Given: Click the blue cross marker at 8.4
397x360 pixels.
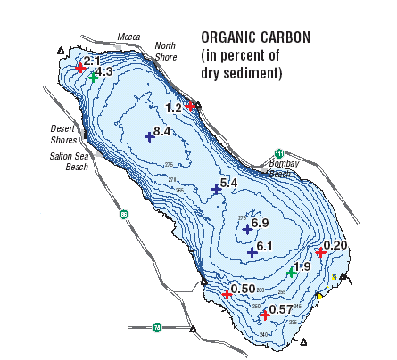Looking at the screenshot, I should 149,136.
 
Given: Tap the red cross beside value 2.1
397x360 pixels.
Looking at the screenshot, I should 81,67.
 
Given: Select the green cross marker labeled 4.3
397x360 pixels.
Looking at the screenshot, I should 94,78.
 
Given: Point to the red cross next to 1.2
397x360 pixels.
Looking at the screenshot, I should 190,106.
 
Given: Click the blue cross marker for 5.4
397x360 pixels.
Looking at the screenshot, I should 215,188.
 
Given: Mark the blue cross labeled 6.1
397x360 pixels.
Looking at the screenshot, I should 252,252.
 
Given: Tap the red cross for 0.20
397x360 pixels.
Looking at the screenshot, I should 320,253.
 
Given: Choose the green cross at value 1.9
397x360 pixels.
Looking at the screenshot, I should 291,273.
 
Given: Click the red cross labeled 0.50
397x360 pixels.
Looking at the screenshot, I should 226,294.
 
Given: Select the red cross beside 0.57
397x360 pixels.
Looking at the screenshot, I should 263,314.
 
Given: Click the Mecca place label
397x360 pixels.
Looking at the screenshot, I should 129,37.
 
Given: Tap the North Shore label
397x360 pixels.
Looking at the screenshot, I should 166,51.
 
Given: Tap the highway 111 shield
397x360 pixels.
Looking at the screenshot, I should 279,152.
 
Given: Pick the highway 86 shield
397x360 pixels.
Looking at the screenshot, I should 125,214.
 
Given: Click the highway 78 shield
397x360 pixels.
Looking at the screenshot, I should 157,327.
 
